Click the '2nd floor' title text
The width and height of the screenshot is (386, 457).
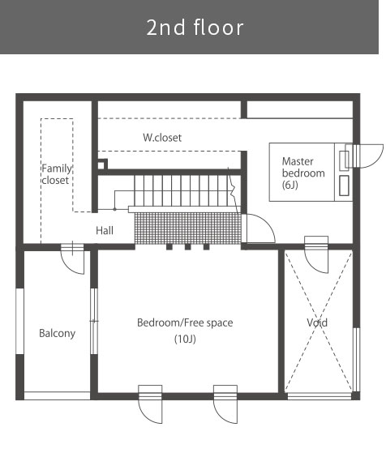195,28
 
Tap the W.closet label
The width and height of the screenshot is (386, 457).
162,138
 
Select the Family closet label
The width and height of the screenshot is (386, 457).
56,174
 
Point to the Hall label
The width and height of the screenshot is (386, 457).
105,231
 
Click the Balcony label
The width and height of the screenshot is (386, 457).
58,333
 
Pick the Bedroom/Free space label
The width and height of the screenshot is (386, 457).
185,322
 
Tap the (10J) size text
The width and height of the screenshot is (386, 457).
185,339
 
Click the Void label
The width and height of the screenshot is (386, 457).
317,322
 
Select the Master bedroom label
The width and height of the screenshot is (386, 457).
303,167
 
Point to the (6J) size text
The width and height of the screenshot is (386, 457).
290,185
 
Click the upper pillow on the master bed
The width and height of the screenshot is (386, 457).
344,160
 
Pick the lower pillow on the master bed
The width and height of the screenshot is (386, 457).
344,186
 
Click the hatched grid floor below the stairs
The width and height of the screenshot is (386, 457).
188,228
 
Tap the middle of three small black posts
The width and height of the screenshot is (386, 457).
187,247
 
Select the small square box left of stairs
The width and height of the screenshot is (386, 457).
102,164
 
